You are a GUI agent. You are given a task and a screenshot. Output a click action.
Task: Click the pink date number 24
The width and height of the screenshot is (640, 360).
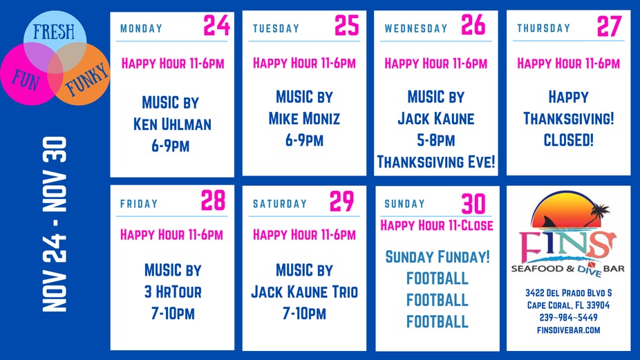[x=216, y=26]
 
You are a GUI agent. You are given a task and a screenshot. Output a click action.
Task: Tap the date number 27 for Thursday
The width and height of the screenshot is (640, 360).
[x=610, y=26]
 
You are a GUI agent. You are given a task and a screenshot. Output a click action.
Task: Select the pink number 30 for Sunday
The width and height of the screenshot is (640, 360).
[x=473, y=204]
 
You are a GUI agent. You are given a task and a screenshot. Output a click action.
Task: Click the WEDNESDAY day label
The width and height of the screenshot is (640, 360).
[x=416, y=29]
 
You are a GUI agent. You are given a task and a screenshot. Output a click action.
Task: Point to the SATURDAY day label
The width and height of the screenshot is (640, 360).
[x=280, y=204]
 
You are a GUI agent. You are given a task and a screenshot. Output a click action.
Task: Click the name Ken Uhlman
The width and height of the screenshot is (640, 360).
[x=170, y=125]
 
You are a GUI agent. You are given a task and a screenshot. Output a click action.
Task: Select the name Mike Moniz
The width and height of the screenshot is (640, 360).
[x=304, y=119]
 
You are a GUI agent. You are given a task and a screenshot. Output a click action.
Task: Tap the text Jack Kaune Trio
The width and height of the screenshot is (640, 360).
[x=304, y=292]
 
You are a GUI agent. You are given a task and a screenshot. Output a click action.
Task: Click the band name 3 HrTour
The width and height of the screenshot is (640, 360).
[x=173, y=292]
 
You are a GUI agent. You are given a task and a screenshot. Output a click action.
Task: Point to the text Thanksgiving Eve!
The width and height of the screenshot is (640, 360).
[x=437, y=162]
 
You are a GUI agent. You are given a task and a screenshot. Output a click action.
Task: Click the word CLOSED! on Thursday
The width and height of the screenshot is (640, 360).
[x=569, y=140]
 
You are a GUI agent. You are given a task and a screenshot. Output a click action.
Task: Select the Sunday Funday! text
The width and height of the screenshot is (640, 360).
[x=437, y=257]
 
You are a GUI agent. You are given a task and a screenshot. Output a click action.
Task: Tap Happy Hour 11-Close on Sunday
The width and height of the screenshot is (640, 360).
[x=437, y=225]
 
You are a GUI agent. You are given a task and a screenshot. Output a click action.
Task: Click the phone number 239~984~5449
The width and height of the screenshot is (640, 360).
[x=568, y=318]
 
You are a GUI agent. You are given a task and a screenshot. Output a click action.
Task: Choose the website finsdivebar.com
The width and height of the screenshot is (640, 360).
[x=568, y=330]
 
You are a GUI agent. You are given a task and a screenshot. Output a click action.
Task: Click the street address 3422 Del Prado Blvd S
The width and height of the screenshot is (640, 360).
[x=568, y=293]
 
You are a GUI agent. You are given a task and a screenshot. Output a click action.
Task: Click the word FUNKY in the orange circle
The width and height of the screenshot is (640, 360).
[x=86, y=78]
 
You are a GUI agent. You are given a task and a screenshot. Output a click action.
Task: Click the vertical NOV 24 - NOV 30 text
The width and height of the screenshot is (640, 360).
[x=55, y=225]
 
